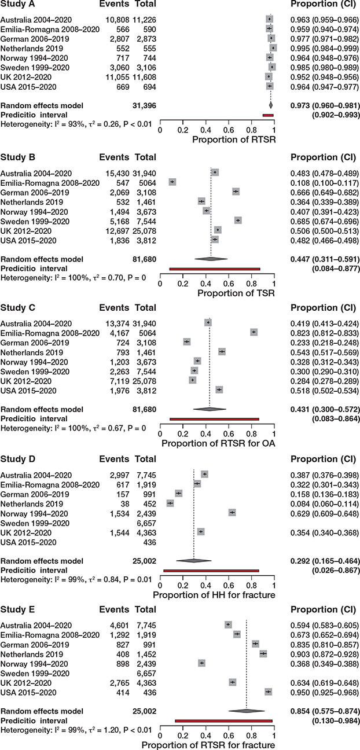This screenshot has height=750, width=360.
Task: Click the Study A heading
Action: click(x=17, y=4)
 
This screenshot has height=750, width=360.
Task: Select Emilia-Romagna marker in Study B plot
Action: click(x=172, y=182)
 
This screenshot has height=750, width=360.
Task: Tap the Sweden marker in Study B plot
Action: click(x=238, y=220)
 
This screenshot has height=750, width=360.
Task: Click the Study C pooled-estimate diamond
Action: click(x=210, y=409)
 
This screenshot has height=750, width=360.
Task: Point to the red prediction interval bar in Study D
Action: click(x=211, y=571)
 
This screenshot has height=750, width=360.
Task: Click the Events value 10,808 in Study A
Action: click(x=117, y=20)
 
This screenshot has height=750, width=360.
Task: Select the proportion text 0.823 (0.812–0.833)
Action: click(x=325, y=333)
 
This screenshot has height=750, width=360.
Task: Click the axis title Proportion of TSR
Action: click(x=236, y=293)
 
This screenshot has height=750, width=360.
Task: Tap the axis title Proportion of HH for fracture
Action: click(x=214, y=595)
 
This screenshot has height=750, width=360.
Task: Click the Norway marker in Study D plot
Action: click(x=232, y=513)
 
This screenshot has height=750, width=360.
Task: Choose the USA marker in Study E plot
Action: click(x=268, y=692)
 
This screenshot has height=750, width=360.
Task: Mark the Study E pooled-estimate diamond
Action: click(x=247, y=711)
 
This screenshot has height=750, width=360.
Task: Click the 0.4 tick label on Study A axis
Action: click(x=206, y=130)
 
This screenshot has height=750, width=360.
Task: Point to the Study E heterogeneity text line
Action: click(x=76, y=730)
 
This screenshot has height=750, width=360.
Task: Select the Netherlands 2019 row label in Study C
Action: click(x=31, y=352)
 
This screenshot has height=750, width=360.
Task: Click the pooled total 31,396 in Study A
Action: click(x=144, y=105)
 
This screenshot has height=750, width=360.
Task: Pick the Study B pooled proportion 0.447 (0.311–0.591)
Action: click(x=325, y=259)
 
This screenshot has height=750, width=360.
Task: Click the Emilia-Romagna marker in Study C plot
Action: click(x=254, y=332)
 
